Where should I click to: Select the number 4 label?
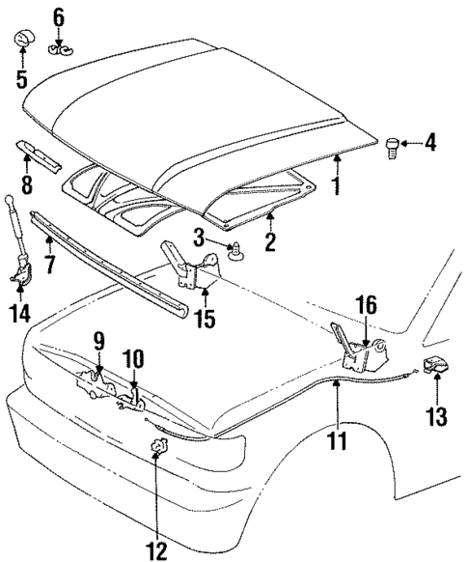(429, 144)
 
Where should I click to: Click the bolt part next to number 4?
(392, 148)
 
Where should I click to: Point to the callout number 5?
(21, 77)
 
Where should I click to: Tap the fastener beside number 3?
(234, 250)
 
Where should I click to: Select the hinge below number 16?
(354, 353)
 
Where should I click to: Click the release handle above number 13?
(433, 368)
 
